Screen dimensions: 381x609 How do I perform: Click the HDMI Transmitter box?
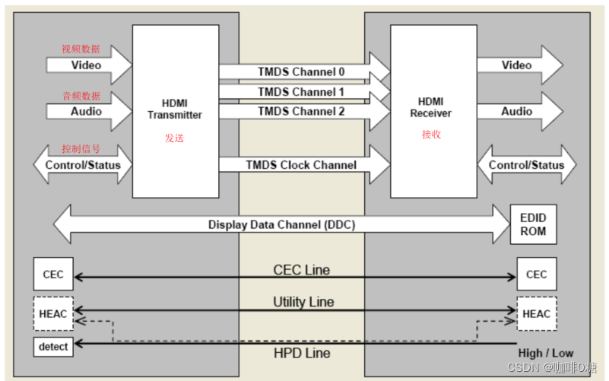click(x=175, y=111)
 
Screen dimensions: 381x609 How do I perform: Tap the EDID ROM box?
click(x=533, y=224)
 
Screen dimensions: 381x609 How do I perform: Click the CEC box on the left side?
click(x=53, y=274)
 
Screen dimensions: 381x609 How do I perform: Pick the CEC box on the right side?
click(x=536, y=274)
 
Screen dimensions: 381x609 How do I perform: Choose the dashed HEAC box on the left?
click(x=53, y=313)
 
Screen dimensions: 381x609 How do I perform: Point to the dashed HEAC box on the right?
click(x=536, y=313)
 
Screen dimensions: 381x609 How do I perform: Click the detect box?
click(x=53, y=347)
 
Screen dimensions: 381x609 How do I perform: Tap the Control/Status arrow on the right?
click(x=526, y=165)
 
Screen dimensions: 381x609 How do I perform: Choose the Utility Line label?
click(x=303, y=302)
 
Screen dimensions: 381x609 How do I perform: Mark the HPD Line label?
click(x=302, y=354)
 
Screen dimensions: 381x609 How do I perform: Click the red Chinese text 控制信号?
click(x=81, y=148)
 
